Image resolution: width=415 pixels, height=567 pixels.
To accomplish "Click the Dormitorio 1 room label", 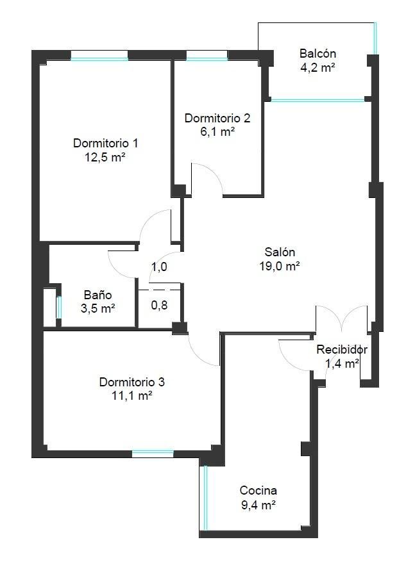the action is (x=105, y=144).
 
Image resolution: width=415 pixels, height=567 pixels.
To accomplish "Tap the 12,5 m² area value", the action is (x=105, y=158).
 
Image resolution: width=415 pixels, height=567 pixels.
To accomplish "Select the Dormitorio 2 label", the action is (x=217, y=119).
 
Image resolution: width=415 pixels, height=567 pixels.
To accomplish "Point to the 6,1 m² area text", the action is (x=217, y=131).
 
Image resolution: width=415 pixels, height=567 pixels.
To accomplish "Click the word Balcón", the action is (x=318, y=54).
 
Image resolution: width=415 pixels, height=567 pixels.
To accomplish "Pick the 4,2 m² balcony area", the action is (x=318, y=67).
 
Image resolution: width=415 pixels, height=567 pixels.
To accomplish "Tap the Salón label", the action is (x=280, y=252).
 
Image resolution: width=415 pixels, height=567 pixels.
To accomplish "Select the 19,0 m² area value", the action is (x=280, y=266).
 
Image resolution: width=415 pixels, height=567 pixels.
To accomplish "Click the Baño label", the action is (x=97, y=295).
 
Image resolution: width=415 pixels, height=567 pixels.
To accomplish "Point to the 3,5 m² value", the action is (x=97, y=309).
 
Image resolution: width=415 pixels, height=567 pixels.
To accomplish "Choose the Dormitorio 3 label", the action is (x=132, y=382).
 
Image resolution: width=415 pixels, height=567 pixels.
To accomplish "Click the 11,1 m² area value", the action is (x=132, y=395).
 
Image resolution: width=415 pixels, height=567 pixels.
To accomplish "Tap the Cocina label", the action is (x=258, y=491).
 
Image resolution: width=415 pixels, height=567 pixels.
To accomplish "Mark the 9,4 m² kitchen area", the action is (x=258, y=505).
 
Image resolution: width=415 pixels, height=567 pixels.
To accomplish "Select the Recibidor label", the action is (x=342, y=350).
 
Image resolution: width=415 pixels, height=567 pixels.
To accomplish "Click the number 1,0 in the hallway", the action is (x=159, y=267).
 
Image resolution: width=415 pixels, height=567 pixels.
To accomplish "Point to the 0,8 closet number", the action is (x=159, y=306).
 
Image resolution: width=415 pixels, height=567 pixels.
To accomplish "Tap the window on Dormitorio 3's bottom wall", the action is (x=153, y=454).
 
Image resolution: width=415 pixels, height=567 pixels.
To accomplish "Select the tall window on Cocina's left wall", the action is (x=205, y=498).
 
